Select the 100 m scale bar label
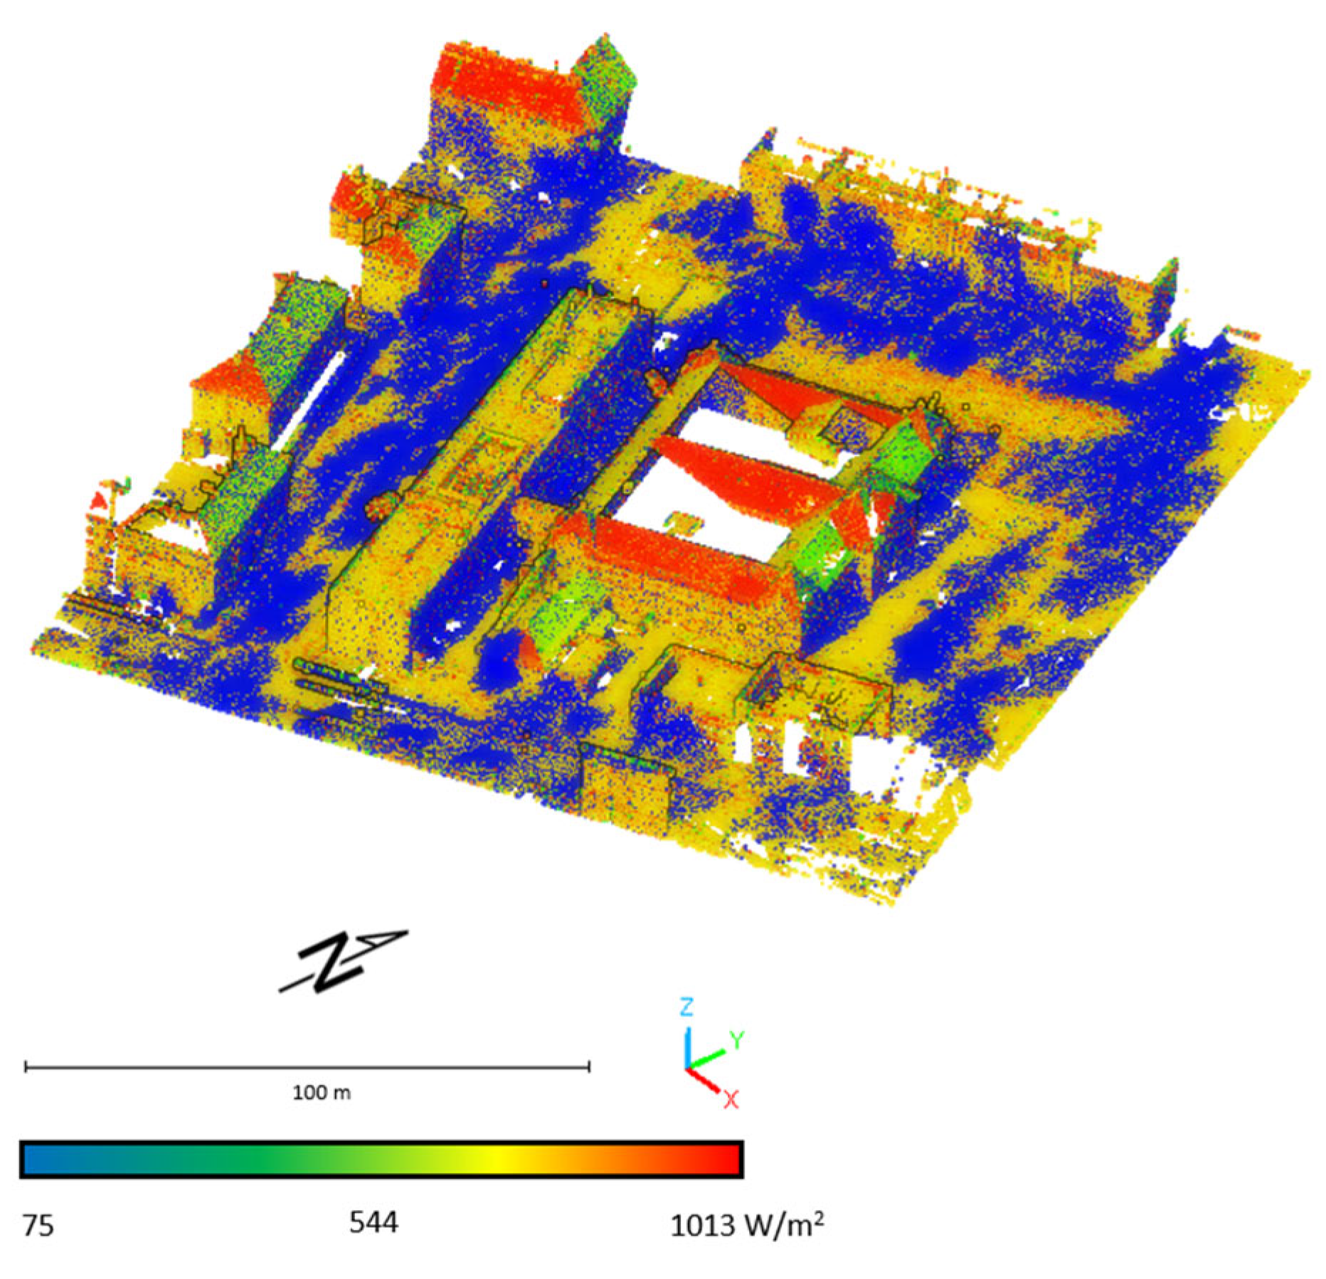[322, 1092]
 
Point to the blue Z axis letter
[686, 1007]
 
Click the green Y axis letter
[737, 1040]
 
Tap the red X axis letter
[731, 1100]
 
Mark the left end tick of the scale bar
[26, 1066]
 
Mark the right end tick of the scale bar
[589, 1066]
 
